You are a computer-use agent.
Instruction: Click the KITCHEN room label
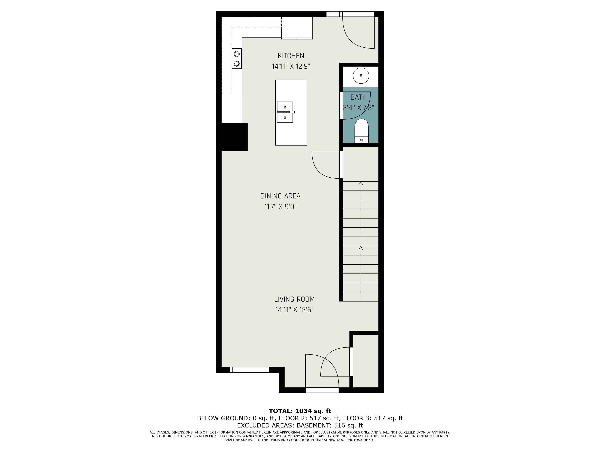pyautogui.click(x=291, y=56)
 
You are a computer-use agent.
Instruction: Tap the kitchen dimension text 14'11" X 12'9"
pyautogui.click(x=291, y=66)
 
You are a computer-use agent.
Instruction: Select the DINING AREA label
pyautogui.click(x=280, y=196)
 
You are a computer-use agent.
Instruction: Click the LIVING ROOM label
pyautogui.click(x=294, y=299)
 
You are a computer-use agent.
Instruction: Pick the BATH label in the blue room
pyautogui.click(x=358, y=97)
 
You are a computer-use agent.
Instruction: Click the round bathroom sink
pyautogui.click(x=361, y=76)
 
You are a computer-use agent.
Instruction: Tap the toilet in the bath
pyautogui.click(x=361, y=131)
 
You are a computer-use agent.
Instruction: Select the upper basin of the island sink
pyautogui.click(x=285, y=107)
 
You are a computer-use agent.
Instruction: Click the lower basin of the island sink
pyautogui.click(x=285, y=117)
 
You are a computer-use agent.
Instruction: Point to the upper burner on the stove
pyautogui.click(x=237, y=54)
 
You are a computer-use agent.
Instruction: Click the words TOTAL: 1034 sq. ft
pyautogui.click(x=300, y=411)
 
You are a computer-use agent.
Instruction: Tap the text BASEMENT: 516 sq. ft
pyautogui.click(x=330, y=425)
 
